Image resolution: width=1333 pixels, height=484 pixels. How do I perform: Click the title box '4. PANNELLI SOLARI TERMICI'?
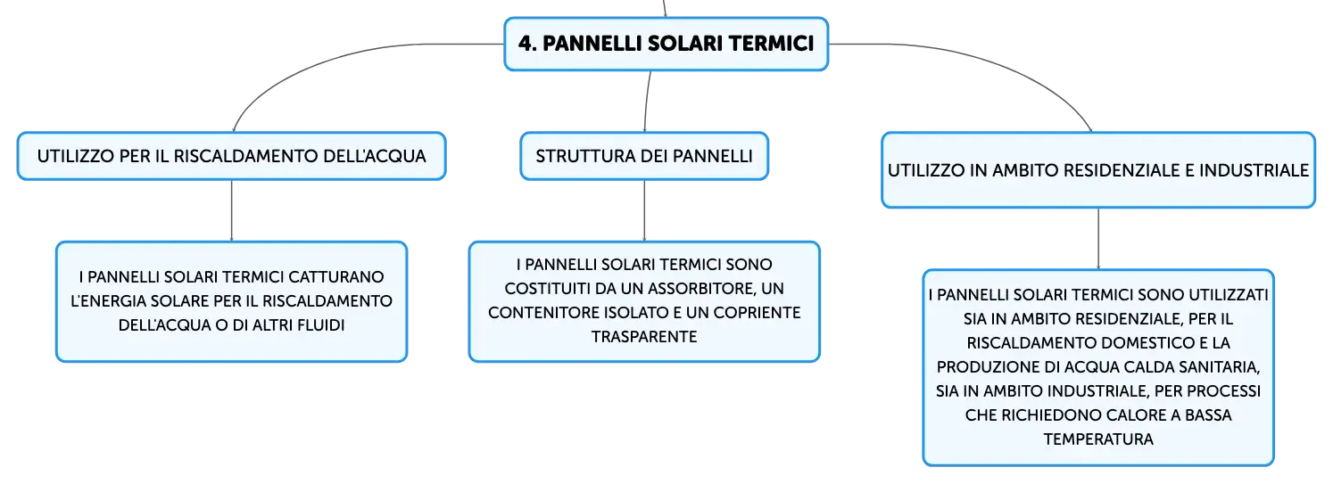(666, 44)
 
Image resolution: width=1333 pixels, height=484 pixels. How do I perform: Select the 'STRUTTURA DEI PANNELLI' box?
(644, 156)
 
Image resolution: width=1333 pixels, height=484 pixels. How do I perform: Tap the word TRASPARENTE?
(644, 337)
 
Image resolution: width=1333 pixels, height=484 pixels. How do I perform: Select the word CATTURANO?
(336, 277)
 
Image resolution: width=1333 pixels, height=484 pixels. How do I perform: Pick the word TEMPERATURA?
(1098, 439)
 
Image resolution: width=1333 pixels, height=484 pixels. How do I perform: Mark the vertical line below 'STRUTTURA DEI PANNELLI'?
(644, 210)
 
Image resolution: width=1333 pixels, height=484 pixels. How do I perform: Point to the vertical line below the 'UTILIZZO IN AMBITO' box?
(1098, 238)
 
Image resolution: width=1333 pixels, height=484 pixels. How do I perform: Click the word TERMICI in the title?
(771, 44)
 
